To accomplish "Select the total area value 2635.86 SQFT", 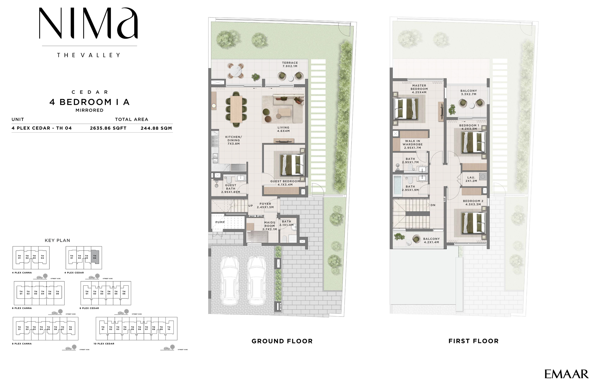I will [108, 128].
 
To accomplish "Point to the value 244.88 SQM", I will [156, 128].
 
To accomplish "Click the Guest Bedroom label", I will [285, 183].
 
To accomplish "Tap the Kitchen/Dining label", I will [234, 140].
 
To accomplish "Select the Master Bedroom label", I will [419, 89].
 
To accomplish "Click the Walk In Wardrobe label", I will [412, 144].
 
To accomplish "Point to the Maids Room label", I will [269, 226].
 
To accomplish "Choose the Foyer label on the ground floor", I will [265, 205].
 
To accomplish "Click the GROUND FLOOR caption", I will [282, 341].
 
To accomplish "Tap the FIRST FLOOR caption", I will [473, 341].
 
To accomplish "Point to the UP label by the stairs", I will [251, 206].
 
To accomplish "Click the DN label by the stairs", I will [433, 205].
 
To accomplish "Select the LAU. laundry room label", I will [471, 179].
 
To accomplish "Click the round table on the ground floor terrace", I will [237, 71].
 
